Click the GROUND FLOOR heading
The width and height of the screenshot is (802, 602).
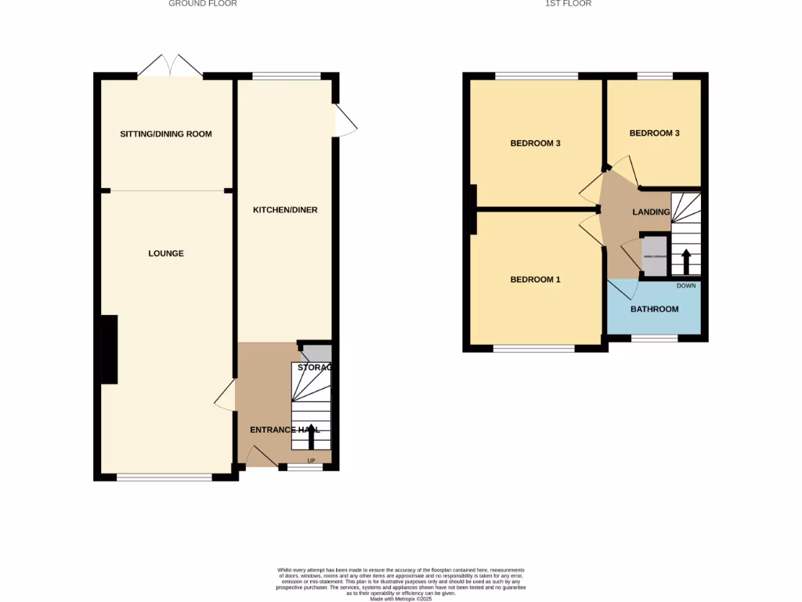click(x=203, y=4)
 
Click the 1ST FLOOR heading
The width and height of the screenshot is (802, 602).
click(x=568, y=4)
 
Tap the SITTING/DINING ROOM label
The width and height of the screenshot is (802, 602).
click(x=166, y=134)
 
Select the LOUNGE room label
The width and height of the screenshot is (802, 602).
click(x=166, y=253)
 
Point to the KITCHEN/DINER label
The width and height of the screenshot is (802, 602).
click(x=285, y=210)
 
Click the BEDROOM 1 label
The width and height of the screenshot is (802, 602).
click(x=536, y=280)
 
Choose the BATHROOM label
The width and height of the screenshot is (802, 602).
click(x=655, y=309)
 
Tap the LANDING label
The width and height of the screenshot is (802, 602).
click(x=651, y=212)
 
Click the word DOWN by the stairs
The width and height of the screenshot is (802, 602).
click(x=686, y=285)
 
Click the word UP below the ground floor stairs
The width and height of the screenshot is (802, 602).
click(x=311, y=460)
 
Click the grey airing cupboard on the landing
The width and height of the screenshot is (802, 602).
click(x=653, y=257)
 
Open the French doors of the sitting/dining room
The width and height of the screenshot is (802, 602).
click(x=170, y=66)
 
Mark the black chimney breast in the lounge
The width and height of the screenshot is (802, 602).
click(x=108, y=350)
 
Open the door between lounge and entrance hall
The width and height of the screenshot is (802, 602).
click(x=225, y=394)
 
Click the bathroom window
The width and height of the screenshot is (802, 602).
click(x=655, y=339)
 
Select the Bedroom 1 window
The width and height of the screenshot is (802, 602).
click(x=534, y=349)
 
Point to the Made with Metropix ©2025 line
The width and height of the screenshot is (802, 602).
click(x=401, y=599)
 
